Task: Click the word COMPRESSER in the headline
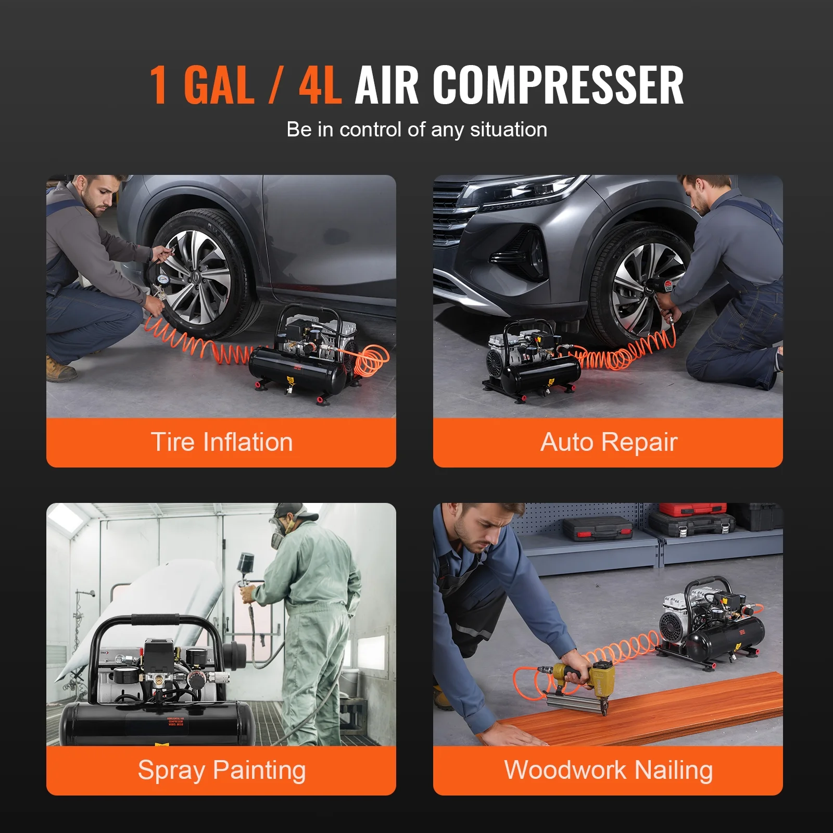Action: [x=558, y=85]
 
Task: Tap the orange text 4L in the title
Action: [x=320, y=85]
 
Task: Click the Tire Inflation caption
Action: [x=222, y=442]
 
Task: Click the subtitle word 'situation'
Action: [x=509, y=130]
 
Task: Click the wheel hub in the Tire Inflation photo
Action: [x=200, y=274]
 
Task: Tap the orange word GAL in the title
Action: [x=219, y=85]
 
